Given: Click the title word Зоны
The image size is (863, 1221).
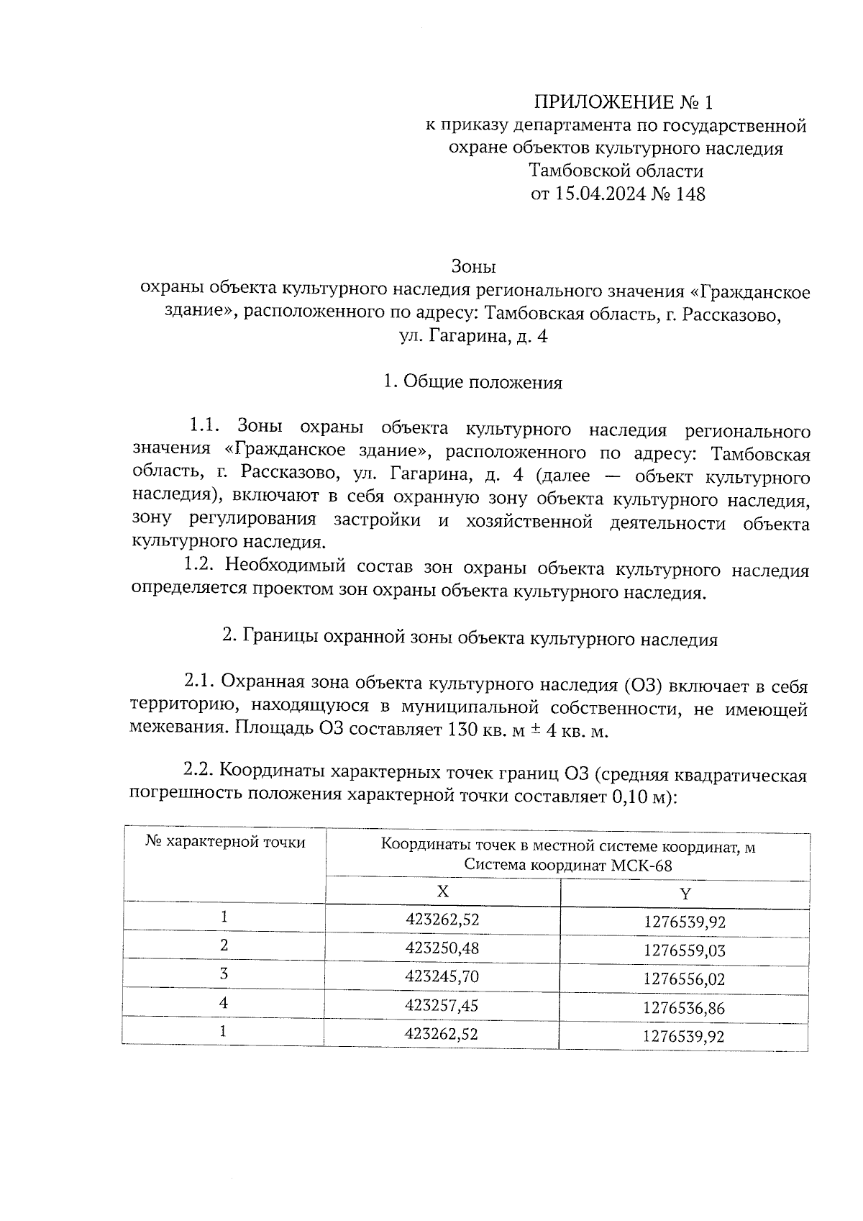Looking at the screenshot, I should tap(473, 267).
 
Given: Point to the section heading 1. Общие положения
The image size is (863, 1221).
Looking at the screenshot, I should tap(472, 382).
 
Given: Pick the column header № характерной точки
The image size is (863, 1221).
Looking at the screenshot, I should tap(225, 842).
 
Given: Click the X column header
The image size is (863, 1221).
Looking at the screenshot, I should tap(443, 891).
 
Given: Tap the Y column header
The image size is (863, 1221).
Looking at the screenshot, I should tap(685, 894).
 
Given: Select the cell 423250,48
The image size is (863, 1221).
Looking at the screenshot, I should tap(442, 948).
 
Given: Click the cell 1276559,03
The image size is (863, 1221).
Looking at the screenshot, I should tap(684, 950).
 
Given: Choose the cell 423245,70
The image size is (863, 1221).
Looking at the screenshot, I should tap(442, 976).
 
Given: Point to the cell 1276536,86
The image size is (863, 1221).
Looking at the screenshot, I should tap(684, 1008).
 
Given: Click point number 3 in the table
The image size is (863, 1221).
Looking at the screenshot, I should tap(224, 974).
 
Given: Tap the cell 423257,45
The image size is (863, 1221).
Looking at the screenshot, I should tap(442, 1005).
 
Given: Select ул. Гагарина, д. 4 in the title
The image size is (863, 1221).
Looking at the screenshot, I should tap(472, 336).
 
